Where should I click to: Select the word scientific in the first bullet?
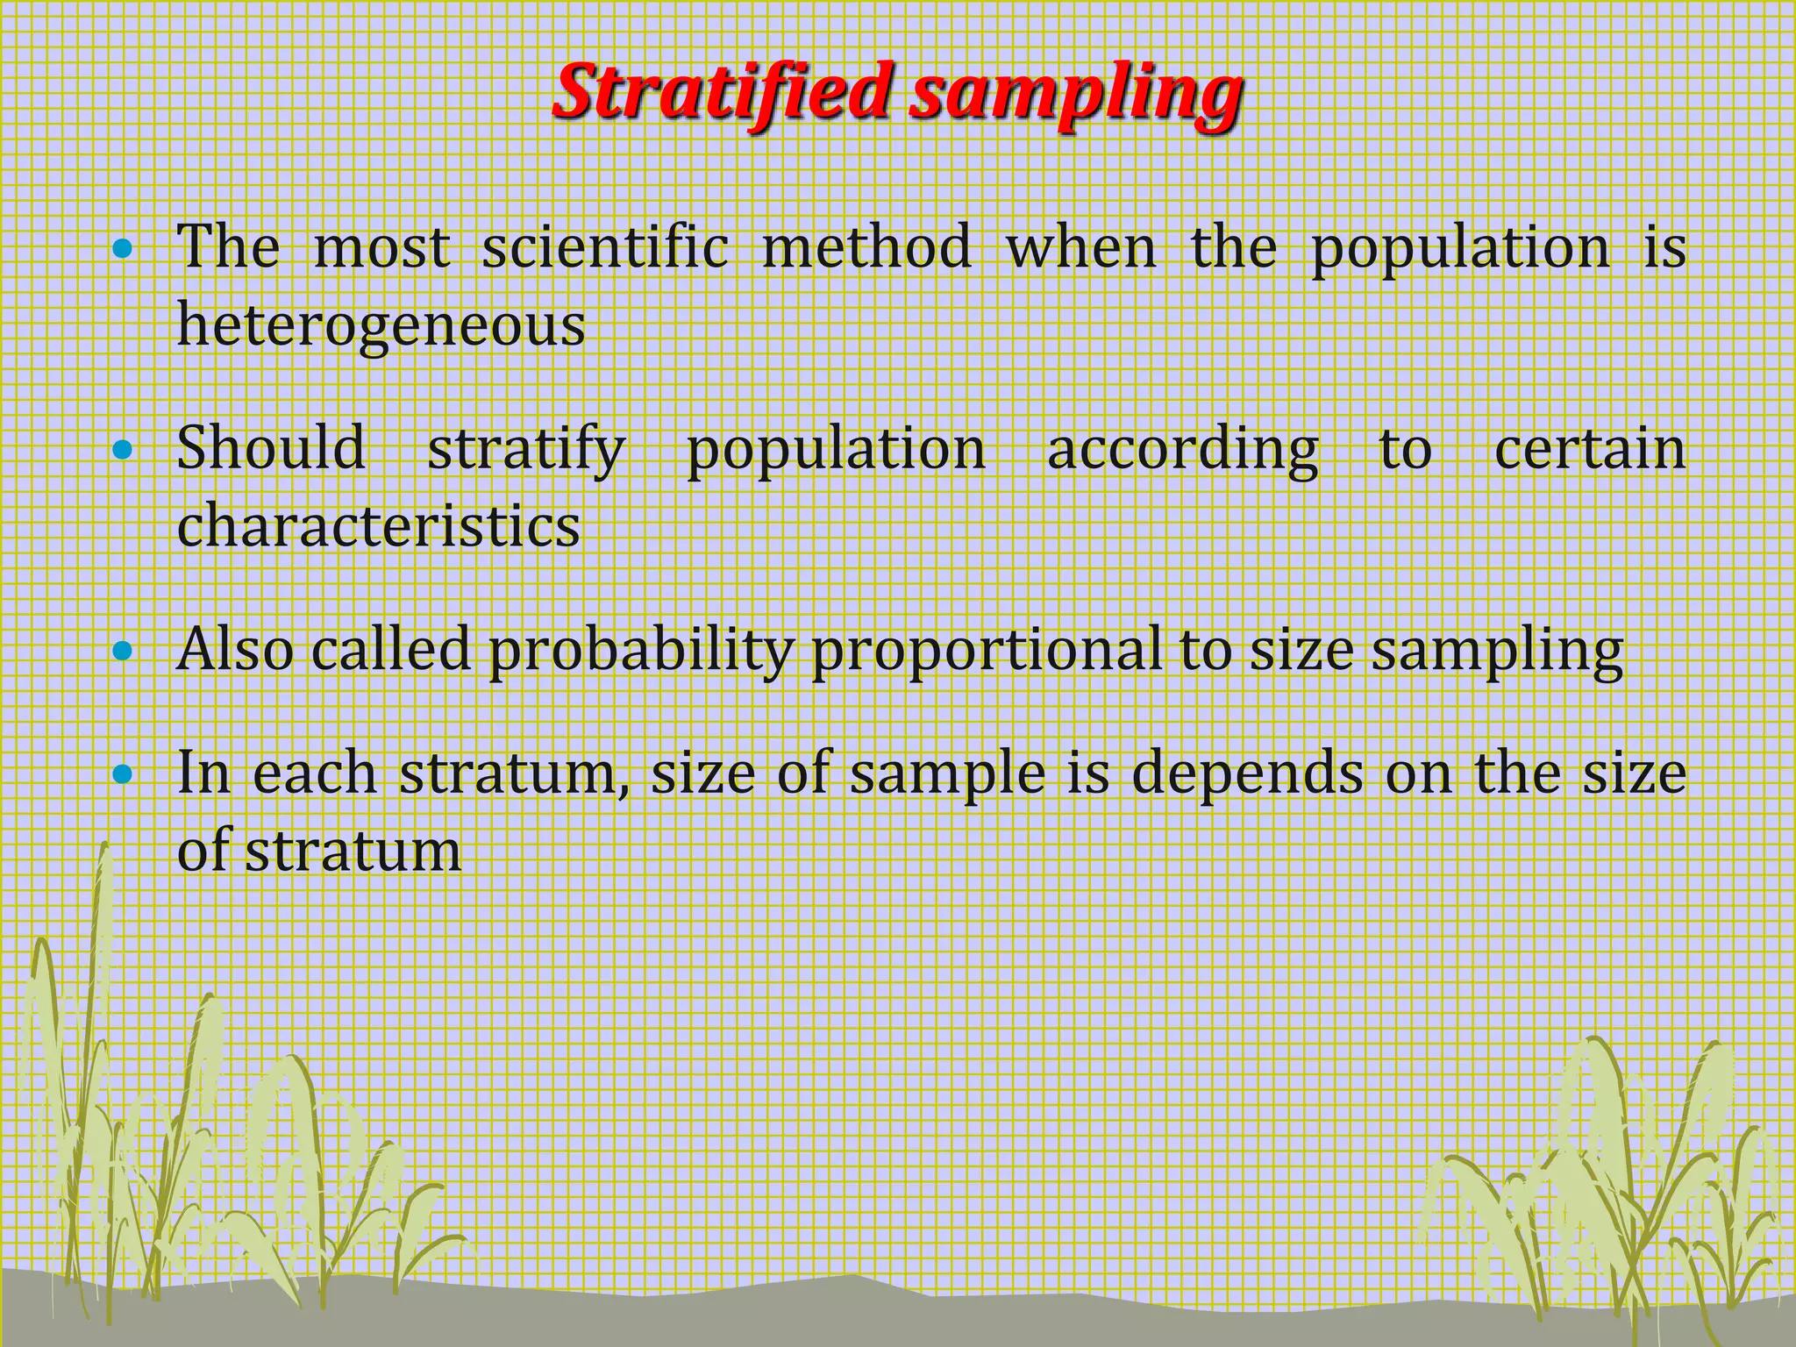[605, 247]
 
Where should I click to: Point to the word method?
[866, 247]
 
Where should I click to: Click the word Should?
[271, 448]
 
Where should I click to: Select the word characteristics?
[378, 526]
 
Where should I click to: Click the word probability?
[641, 652]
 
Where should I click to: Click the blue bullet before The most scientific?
[123, 249]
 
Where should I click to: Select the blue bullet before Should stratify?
[123, 451]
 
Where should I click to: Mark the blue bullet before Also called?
[123, 652]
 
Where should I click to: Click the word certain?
[1589, 448]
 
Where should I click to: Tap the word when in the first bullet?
[1080, 247]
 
